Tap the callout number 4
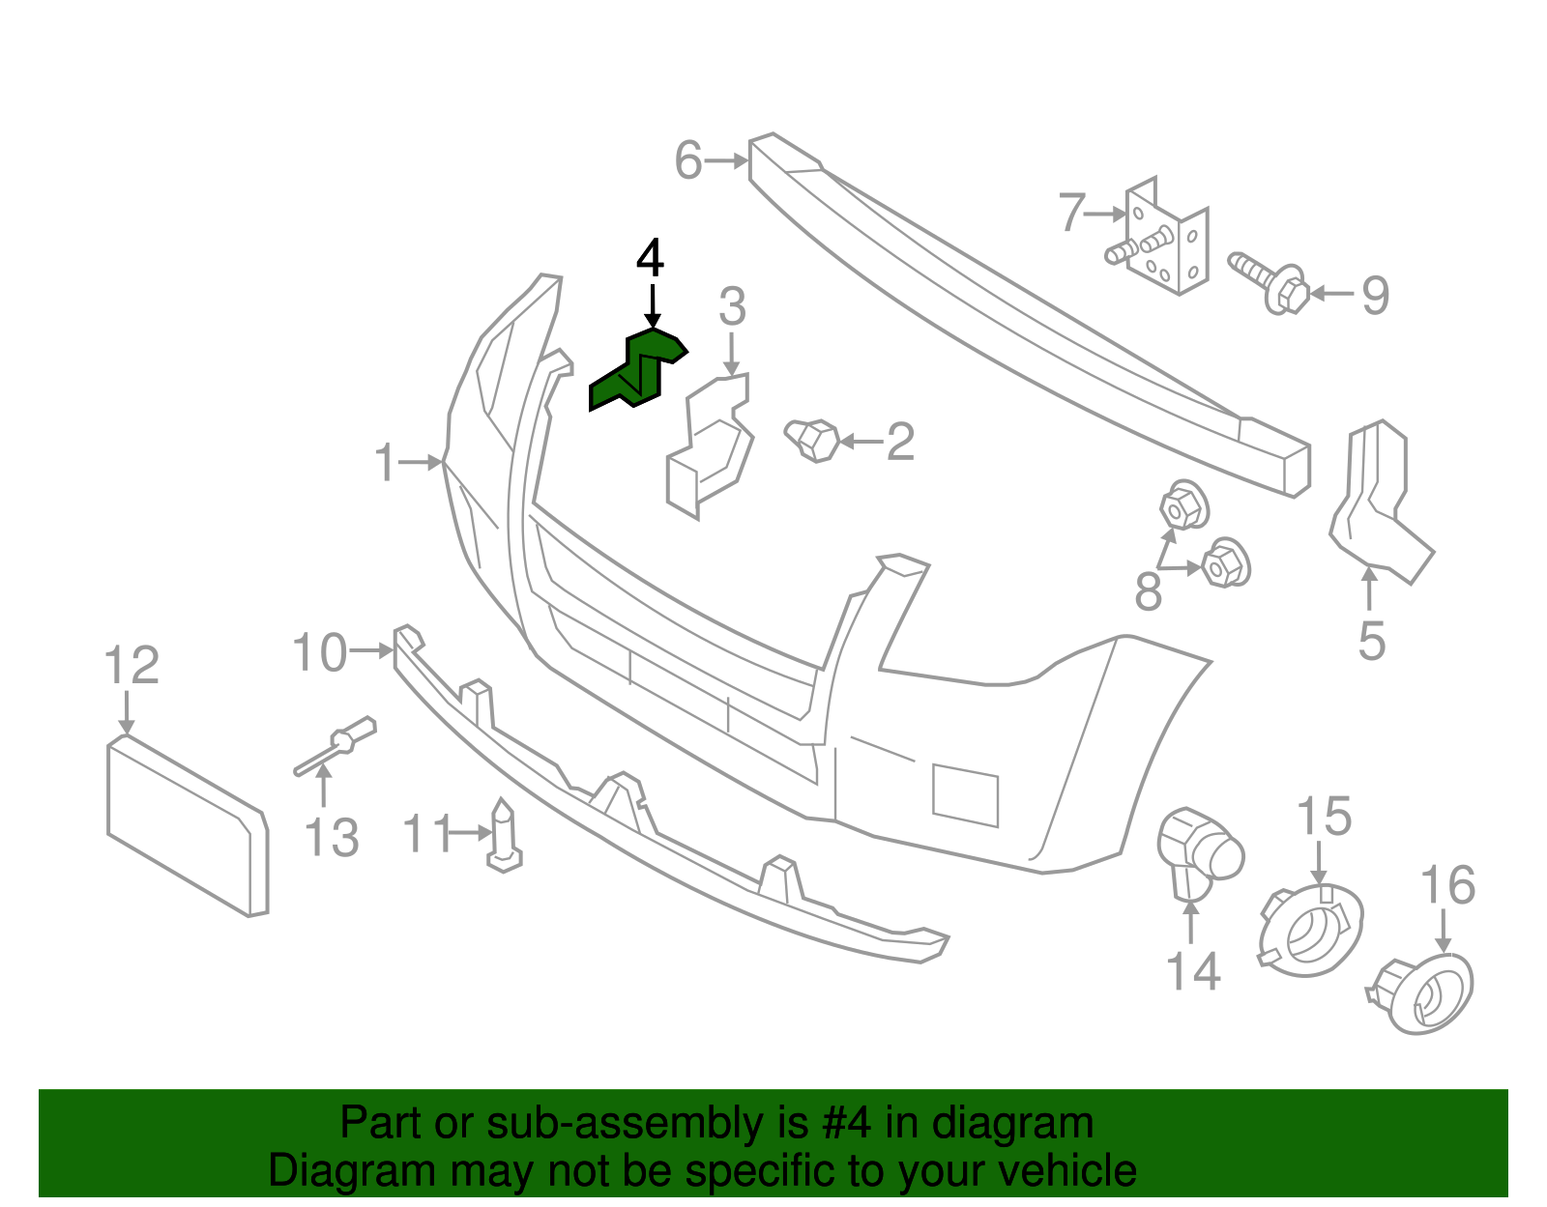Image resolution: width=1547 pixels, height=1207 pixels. point(651,260)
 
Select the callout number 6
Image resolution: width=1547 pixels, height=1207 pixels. point(687,160)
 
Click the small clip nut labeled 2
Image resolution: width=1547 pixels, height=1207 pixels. point(812,440)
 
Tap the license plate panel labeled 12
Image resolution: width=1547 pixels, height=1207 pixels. point(186,826)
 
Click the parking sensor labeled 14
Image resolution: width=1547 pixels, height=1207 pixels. point(1199,851)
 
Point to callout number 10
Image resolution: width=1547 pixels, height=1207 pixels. point(319,653)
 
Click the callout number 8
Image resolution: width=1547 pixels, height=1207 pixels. point(1148,592)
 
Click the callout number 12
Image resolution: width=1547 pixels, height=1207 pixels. point(131,666)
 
